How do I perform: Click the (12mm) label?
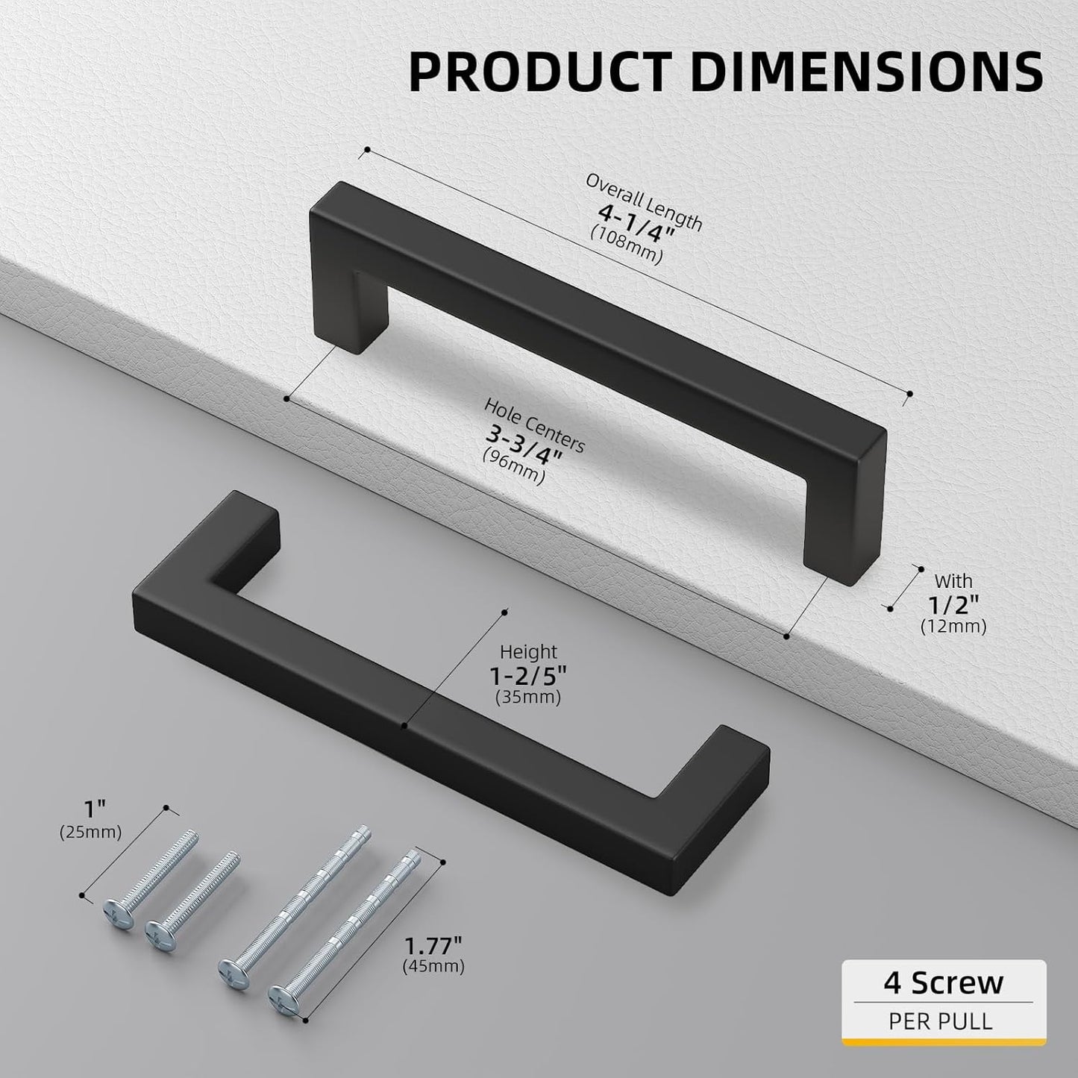pos(953,626)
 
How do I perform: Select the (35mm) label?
pos(528,698)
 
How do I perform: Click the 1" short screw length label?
pos(90,808)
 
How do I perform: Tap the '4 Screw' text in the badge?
pos(943,983)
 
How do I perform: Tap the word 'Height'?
pos(528,653)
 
